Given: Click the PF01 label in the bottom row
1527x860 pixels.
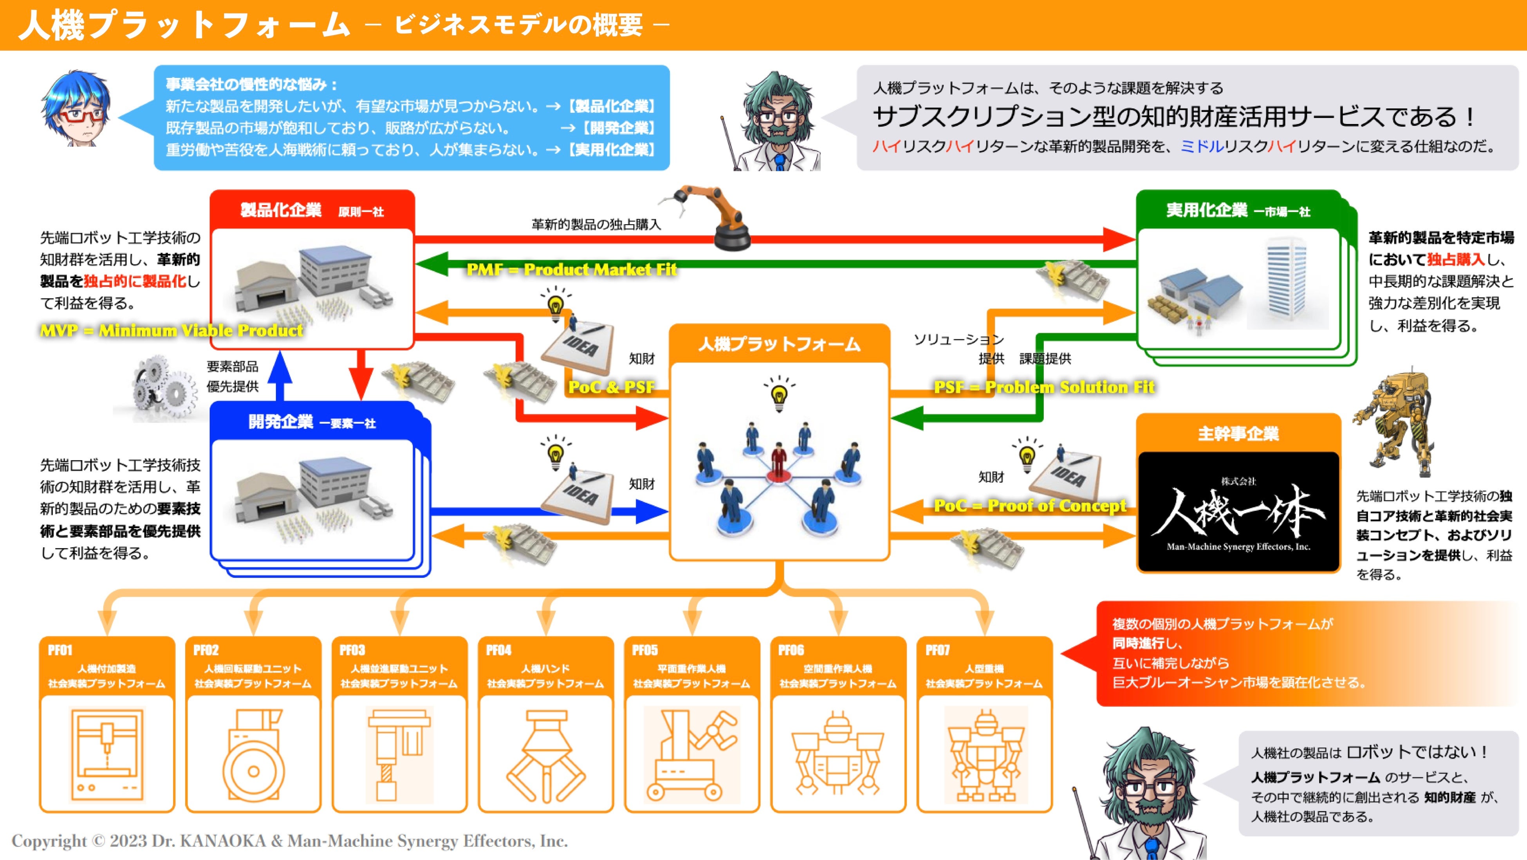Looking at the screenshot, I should tap(60, 650).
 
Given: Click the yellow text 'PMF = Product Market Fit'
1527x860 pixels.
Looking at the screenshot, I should tap(571, 270).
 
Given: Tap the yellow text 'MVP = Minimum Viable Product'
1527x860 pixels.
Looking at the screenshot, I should tap(171, 331).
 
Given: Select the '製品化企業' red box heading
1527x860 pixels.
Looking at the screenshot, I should tap(281, 210).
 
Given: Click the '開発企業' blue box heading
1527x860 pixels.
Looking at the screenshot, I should tap(281, 422).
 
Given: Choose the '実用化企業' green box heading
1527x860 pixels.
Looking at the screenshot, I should tap(1206, 210).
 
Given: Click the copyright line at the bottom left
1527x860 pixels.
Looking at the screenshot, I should tap(289, 840).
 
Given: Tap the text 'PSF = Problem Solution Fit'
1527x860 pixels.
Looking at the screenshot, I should tap(1044, 387).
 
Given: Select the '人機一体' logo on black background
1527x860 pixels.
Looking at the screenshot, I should tap(1238, 512).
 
